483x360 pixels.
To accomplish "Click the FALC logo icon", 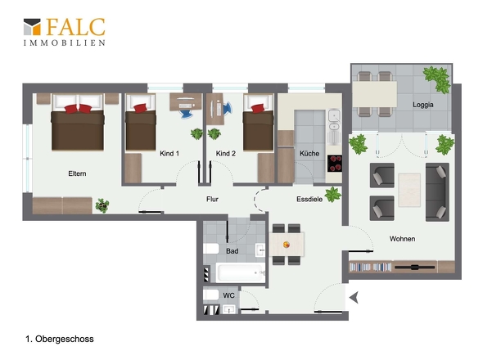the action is (x=32, y=27).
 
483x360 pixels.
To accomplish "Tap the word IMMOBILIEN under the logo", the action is (x=65, y=43).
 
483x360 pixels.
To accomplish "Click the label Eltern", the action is (x=77, y=173).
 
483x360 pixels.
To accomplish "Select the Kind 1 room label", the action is (x=169, y=153).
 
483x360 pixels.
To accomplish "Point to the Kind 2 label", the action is (x=225, y=153).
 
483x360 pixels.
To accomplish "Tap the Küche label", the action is (x=309, y=153).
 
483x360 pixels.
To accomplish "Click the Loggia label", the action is (x=423, y=105).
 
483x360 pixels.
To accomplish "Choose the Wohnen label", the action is (x=402, y=239).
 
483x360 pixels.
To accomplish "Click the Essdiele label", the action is (x=309, y=200).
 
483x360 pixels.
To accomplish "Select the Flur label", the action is (x=212, y=200).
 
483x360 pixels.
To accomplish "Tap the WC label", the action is (x=228, y=295).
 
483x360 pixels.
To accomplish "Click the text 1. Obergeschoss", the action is (x=60, y=339).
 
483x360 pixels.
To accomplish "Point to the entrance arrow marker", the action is (x=354, y=298).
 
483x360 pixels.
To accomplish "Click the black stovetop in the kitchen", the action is (x=335, y=164).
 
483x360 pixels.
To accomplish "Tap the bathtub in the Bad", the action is (x=240, y=272).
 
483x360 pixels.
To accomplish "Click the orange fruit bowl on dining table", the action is (x=287, y=245).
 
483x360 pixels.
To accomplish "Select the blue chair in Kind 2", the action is (x=228, y=109).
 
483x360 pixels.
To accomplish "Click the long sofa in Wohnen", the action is (x=437, y=192).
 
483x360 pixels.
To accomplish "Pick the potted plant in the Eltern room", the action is (x=102, y=205).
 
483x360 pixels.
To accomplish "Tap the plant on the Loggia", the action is (x=438, y=79).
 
